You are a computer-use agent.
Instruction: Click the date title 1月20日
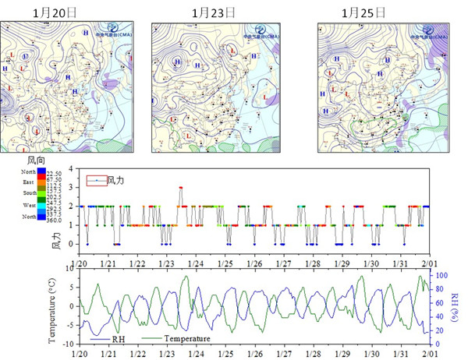(56, 12)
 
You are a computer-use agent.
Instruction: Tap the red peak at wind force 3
(180, 188)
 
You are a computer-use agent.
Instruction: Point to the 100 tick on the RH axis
(441, 276)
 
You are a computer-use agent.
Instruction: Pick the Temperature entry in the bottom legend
(185, 339)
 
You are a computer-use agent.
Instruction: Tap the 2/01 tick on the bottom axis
(431, 352)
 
